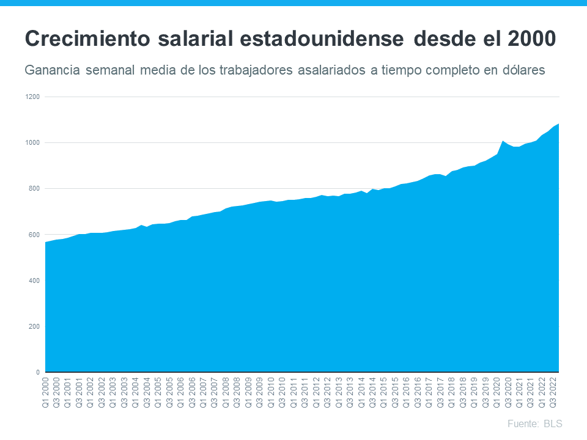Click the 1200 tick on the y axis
pyautogui.click(x=32, y=97)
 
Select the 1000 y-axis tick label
pyautogui.click(x=32, y=143)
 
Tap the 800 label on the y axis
pyautogui.click(x=34, y=189)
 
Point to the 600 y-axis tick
pyautogui.click(x=34, y=235)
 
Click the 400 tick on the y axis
pyautogui.click(x=34, y=280)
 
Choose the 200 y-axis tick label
pyautogui.click(x=34, y=326)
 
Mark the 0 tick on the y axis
pyautogui.click(x=37, y=372)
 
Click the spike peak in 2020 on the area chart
pyautogui.click(x=503, y=141)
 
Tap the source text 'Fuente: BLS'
pyautogui.click(x=534, y=424)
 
